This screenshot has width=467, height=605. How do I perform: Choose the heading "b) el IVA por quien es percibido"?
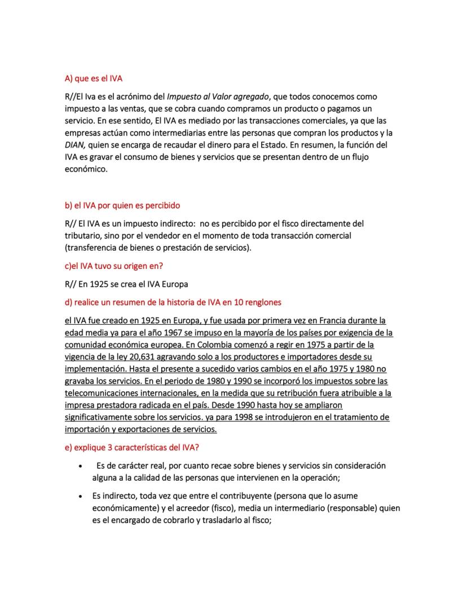tap(122, 205)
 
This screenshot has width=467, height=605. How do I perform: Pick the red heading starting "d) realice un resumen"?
tap(173, 302)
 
